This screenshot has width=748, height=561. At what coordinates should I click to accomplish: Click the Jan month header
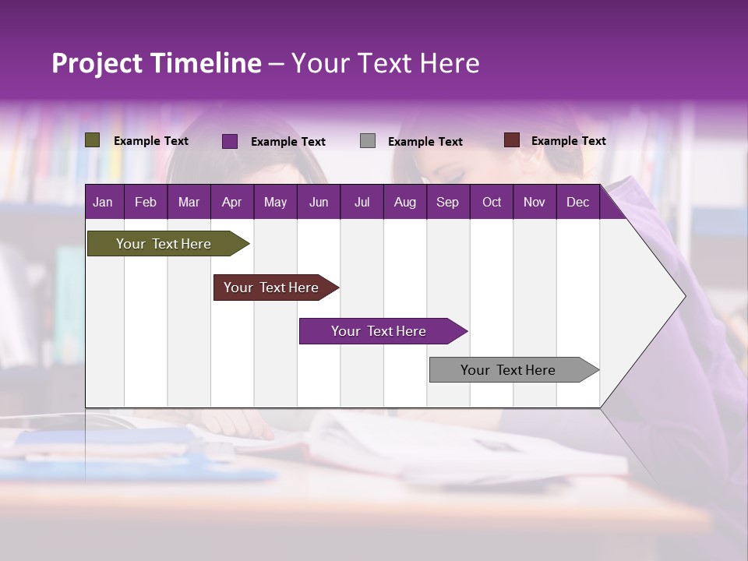pyautogui.click(x=103, y=202)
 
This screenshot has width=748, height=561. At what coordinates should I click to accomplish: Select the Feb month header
pyautogui.click(x=146, y=202)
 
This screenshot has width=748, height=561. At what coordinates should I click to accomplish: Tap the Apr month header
pyautogui.click(x=231, y=202)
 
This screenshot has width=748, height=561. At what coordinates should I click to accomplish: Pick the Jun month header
pyautogui.click(x=319, y=202)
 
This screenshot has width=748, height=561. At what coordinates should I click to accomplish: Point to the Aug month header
pyautogui.click(x=404, y=202)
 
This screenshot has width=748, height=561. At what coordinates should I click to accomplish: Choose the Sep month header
pyautogui.click(x=447, y=202)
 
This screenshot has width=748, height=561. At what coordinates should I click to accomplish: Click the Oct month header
pyautogui.click(x=492, y=202)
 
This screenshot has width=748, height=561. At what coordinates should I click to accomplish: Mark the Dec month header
pyautogui.click(x=577, y=202)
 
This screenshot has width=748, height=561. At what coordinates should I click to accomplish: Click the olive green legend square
pyautogui.click(x=93, y=140)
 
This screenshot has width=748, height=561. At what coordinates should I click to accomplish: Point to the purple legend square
pyautogui.click(x=230, y=141)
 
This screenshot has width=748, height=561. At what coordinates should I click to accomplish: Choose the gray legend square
pyautogui.click(x=368, y=141)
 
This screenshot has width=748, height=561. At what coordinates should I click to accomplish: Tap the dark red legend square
pyautogui.click(x=511, y=140)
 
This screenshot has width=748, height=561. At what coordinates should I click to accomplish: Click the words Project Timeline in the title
pyautogui.click(x=157, y=63)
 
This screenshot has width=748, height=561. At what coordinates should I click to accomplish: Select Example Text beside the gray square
pyautogui.click(x=425, y=142)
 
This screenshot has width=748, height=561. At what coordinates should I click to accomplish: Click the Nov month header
pyautogui.click(x=535, y=202)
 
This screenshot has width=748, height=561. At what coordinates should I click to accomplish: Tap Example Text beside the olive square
pyautogui.click(x=151, y=141)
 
